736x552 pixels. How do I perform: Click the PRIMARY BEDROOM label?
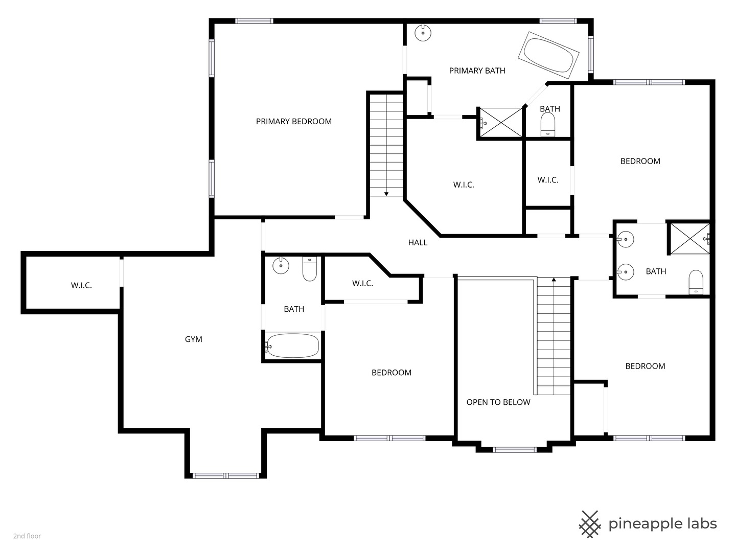(x=294, y=122)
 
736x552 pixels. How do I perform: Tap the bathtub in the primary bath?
(x=548, y=55)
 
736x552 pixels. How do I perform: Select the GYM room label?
(x=194, y=339)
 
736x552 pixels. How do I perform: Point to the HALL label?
(x=418, y=243)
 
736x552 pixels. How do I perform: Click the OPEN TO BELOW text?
(x=498, y=402)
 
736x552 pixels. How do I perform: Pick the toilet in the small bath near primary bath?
(x=548, y=125)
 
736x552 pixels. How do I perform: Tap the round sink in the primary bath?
(x=423, y=33)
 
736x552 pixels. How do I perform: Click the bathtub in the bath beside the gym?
(x=293, y=346)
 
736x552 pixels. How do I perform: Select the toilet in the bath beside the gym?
(x=310, y=269)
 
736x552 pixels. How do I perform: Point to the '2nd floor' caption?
(x=27, y=536)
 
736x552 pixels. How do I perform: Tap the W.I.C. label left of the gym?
(x=81, y=286)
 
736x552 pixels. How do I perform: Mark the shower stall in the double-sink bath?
(x=690, y=238)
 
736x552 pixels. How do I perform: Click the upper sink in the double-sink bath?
(x=625, y=239)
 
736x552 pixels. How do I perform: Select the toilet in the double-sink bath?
(x=696, y=282)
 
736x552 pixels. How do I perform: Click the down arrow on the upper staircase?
(x=386, y=194)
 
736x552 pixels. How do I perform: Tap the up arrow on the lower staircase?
(x=554, y=280)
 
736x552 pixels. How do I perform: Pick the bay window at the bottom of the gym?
(x=226, y=476)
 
